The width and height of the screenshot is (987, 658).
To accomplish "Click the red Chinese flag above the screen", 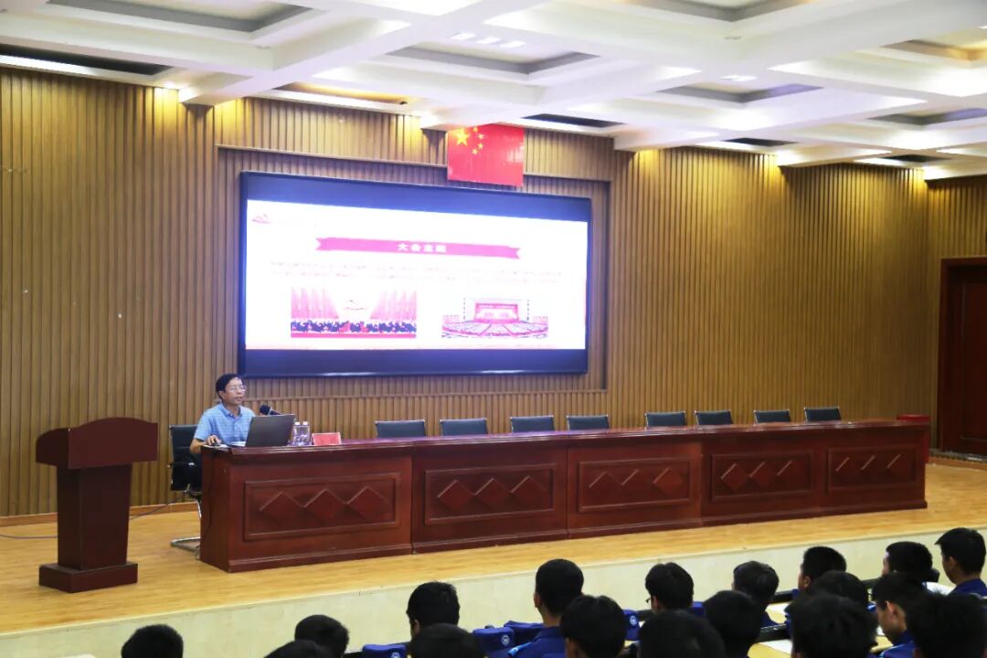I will click(x=485, y=154).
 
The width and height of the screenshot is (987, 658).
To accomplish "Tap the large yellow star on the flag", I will click(x=462, y=138).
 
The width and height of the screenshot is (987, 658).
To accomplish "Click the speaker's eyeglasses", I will click(x=234, y=389).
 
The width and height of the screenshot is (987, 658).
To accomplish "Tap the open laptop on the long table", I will click(x=270, y=430).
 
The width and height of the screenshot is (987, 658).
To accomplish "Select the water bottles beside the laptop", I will click(x=302, y=433).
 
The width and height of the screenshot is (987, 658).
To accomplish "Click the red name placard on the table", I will click(x=326, y=439).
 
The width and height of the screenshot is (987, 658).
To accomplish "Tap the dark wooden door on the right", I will click(x=965, y=356).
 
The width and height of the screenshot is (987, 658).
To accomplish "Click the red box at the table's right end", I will click(x=913, y=419).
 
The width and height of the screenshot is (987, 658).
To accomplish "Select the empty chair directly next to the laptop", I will click(x=400, y=429).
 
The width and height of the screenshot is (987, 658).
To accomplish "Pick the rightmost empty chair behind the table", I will click(x=822, y=414).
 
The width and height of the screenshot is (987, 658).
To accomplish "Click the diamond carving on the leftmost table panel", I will click(x=321, y=504).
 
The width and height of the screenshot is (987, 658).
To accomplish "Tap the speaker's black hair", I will click(x=227, y=378).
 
